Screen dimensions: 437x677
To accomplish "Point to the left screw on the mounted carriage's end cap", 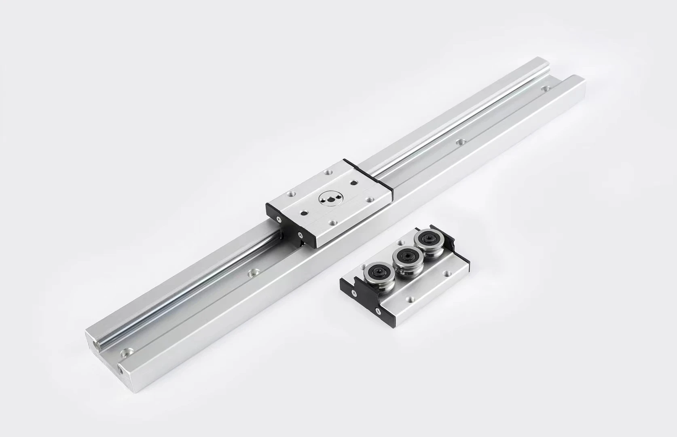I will pos(279,218).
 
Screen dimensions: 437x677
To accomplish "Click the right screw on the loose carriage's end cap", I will pos(377,311).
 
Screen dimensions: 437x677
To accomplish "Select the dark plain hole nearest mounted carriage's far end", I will pos(354,183).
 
